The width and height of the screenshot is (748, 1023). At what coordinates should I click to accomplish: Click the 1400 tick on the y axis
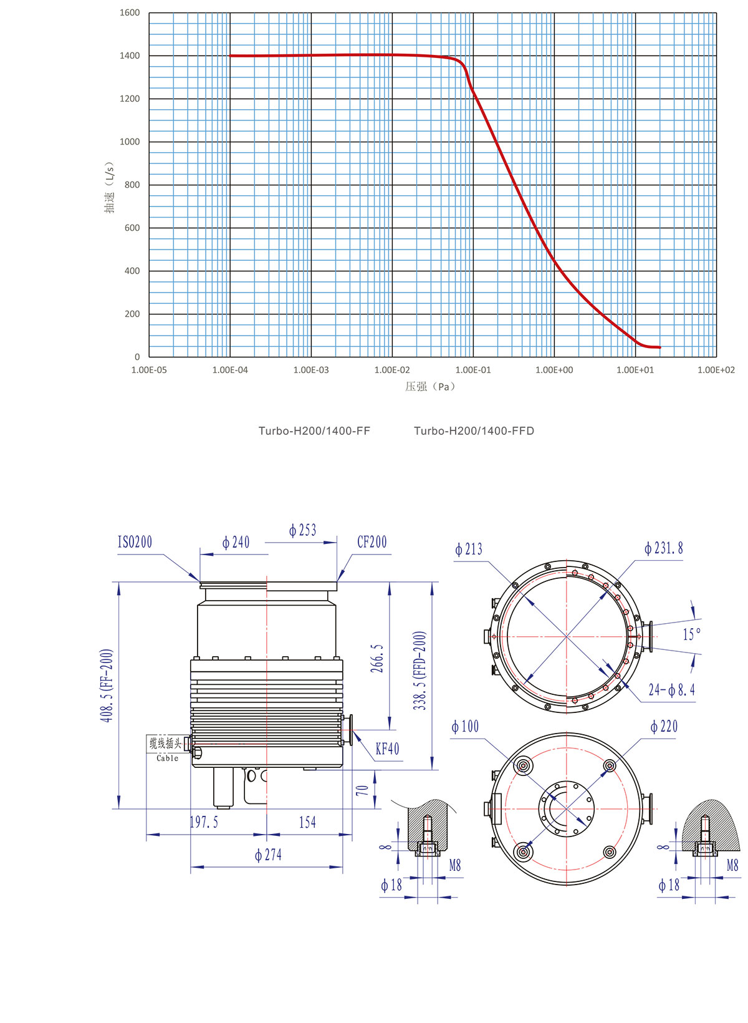[x=130, y=56]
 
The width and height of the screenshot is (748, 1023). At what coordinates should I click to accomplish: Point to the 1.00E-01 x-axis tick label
[x=473, y=370]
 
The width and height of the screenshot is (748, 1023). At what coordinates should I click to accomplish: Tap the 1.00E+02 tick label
[x=716, y=370]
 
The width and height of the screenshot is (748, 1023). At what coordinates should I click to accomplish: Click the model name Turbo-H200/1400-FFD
[x=474, y=431]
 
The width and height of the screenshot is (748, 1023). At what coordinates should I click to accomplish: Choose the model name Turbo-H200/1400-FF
[x=314, y=431]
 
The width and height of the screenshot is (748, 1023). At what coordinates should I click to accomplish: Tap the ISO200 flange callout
[x=135, y=542]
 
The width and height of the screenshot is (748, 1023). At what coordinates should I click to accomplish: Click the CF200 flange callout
[x=372, y=542]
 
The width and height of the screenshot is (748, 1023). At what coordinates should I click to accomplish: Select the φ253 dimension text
[x=302, y=531]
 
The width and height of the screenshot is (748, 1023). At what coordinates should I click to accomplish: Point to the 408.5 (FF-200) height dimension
[x=107, y=686]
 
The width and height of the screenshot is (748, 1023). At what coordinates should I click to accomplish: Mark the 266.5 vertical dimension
[x=377, y=659]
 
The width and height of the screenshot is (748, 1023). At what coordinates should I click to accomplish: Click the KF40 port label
[x=387, y=749]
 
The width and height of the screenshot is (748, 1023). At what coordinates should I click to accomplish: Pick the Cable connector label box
[x=166, y=747]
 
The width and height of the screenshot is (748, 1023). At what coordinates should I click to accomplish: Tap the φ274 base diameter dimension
[x=268, y=855]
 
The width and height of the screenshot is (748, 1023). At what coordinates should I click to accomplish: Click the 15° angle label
[x=691, y=634]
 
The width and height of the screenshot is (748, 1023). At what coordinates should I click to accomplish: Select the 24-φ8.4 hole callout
[x=671, y=690]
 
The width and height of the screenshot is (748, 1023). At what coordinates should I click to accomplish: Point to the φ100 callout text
[x=465, y=727]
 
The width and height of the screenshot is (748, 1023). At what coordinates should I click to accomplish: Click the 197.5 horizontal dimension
[x=204, y=823]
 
